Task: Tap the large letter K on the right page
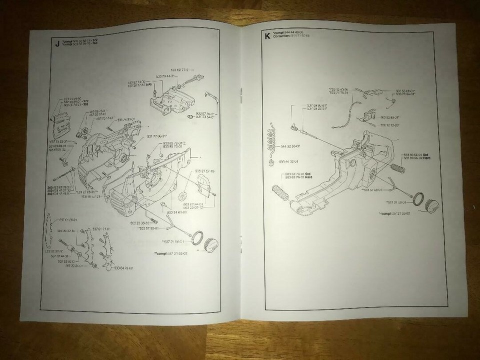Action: (x=267, y=36)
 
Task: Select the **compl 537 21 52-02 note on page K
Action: (x=394, y=213)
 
